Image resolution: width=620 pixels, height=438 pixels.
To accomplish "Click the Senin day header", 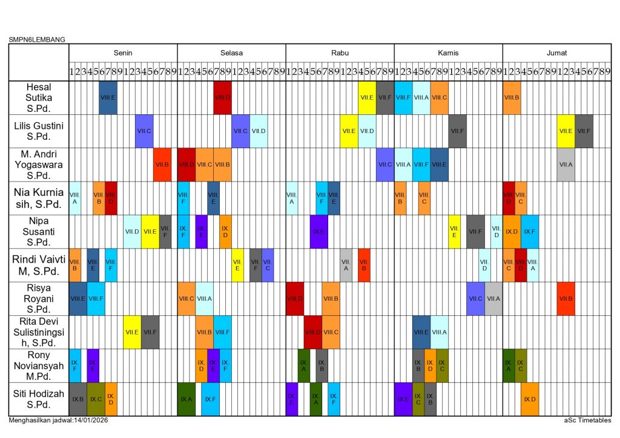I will pos(123,53).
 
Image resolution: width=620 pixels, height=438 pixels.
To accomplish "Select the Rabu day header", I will pos(340,53).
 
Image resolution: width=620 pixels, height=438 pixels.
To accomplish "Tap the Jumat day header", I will pos(556,53).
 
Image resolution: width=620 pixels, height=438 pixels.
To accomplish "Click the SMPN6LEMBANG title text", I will pos(37,40).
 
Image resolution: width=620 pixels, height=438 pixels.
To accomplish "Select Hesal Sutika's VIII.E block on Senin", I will pos(108,97).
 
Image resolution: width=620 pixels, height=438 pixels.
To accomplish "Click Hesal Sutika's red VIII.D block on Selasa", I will pos(222,97).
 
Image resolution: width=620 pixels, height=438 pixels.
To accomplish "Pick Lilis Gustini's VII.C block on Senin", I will pos(144,131).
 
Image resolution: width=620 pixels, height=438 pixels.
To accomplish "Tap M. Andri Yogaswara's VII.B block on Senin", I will pos(162,165).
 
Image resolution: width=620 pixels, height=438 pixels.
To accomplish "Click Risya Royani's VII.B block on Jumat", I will pos(566,298).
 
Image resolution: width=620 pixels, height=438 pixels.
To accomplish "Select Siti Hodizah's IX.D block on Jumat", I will pos(530,399).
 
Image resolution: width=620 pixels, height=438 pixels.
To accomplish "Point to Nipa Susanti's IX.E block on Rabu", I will pos(318,232).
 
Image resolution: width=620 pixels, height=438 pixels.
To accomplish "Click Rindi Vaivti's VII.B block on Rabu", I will pos(364,265).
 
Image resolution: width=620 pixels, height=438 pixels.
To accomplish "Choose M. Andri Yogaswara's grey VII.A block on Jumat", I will pos(566,165).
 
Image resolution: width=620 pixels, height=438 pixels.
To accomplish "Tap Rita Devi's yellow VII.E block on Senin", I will pos(132,332).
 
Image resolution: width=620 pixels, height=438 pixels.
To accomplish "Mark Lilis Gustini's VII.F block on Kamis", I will pos(457,131).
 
